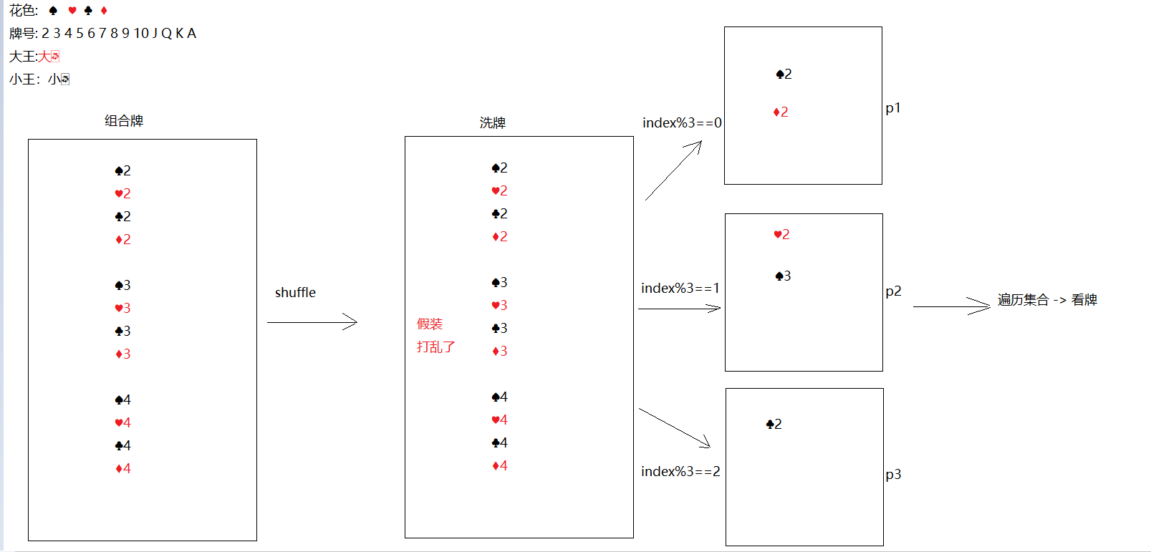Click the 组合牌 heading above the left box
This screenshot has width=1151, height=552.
(x=124, y=121)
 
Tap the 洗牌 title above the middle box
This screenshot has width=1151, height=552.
(x=493, y=123)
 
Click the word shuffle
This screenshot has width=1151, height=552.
(x=295, y=292)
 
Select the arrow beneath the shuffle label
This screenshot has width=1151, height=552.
(x=312, y=322)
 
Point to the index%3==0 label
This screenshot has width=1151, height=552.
(x=682, y=123)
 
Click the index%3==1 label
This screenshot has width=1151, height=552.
(x=680, y=288)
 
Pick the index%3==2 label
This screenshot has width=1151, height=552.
(x=680, y=471)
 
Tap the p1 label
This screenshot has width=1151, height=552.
(x=893, y=108)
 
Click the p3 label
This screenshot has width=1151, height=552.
(x=893, y=475)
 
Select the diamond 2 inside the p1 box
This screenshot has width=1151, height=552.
(x=781, y=112)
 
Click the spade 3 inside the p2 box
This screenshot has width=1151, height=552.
(x=783, y=276)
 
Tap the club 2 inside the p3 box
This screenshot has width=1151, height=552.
(x=774, y=424)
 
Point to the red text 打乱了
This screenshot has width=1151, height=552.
(x=435, y=347)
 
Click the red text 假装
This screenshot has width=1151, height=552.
(x=430, y=324)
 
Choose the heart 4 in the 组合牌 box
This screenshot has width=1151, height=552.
(x=122, y=422)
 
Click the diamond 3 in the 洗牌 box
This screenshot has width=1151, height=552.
(x=499, y=351)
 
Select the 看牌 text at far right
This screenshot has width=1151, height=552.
(x=1084, y=300)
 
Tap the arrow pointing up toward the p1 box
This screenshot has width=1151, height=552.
(x=673, y=170)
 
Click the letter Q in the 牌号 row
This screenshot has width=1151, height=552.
(x=166, y=34)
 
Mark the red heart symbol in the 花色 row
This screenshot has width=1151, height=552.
(x=72, y=11)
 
